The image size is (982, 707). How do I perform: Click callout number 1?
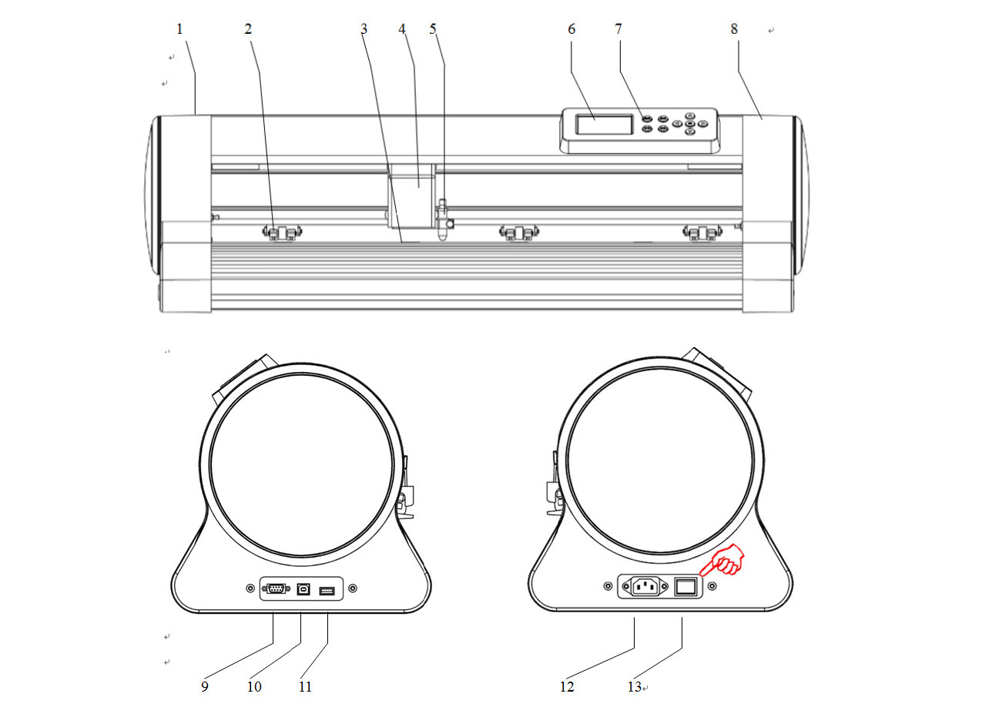tap(179, 29)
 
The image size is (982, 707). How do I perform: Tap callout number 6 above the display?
tap(571, 29)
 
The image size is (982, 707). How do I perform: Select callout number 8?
tap(734, 29)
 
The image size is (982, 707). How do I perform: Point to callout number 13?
tap(635, 686)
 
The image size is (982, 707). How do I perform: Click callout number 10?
tap(254, 686)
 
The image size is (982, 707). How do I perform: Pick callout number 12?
tap(567, 686)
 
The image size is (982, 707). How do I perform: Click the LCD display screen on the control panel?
tap(605, 125)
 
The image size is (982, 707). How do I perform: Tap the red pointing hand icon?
tap(722, 560)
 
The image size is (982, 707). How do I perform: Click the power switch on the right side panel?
tap(685, 586)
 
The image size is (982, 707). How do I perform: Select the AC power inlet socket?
tap(644, 585)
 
